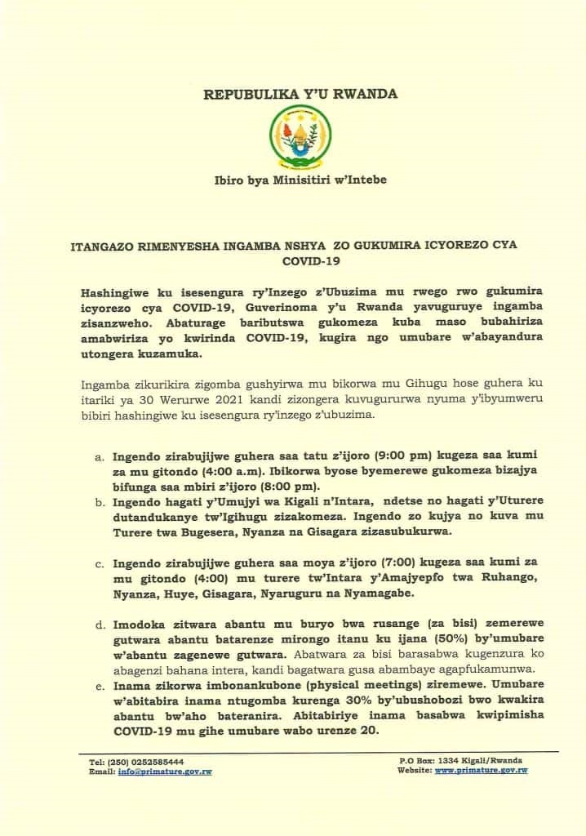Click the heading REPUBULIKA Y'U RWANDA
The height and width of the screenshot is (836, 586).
pyautogui.click(x=300, y=94)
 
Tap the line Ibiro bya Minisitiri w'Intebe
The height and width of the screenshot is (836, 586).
pyautogui.click(x=300, y=179)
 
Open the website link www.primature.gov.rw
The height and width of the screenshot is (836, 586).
pyautogui.click(x=481, y=771)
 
